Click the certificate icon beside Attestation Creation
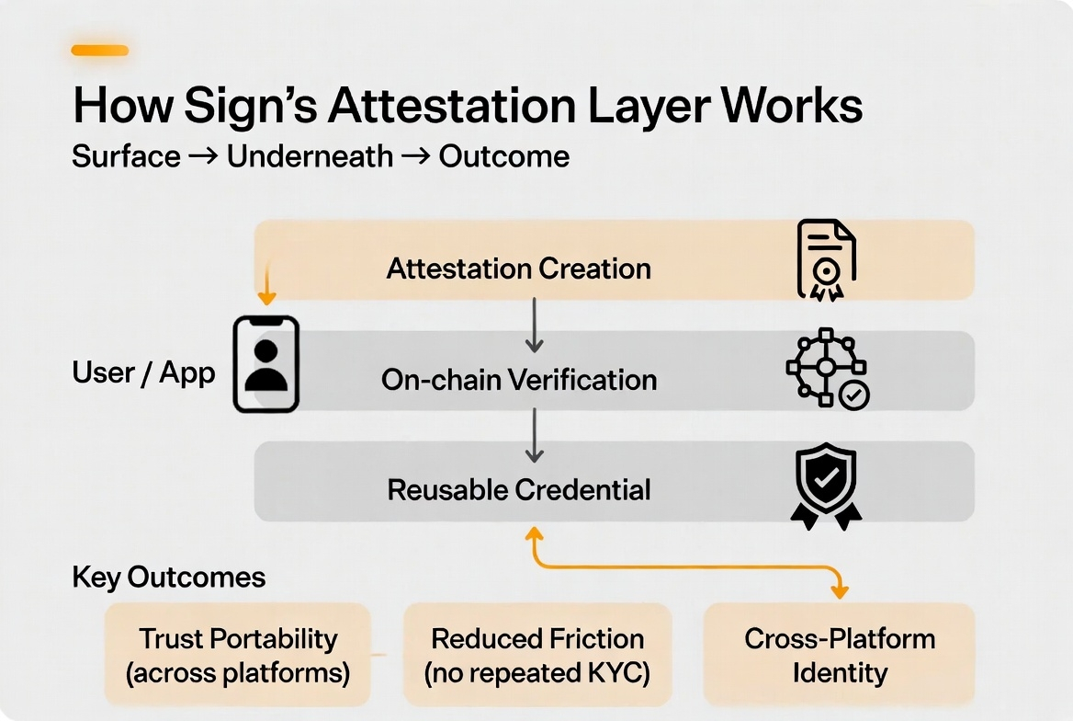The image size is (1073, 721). tap(825, 259)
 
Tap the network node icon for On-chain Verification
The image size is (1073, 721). tap(827, 369)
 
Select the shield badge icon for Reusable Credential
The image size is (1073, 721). tap(825, 486)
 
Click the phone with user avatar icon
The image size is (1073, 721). tap(265, 363)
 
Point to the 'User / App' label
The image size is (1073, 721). tap(143, 372)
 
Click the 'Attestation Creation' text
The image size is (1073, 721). tap(518, 269)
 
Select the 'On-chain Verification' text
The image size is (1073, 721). tap(519, 379)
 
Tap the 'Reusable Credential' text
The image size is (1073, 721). tap(519, 489)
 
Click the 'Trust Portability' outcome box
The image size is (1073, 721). tap(238, 655)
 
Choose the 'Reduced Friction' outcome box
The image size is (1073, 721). tap(537, 655)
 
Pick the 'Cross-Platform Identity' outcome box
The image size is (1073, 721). tap(839, 655)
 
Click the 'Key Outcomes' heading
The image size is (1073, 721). tap(168, 578)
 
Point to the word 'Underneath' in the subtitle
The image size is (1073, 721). tap(310, 156)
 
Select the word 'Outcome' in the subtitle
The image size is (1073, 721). tap(503, 156)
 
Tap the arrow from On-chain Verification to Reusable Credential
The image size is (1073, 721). tap(534, 436)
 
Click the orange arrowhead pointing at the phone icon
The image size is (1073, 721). tap(266, 297)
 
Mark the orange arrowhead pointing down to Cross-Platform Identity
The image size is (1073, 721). tap(838, 589)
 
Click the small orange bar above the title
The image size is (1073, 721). tap(99, 51)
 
